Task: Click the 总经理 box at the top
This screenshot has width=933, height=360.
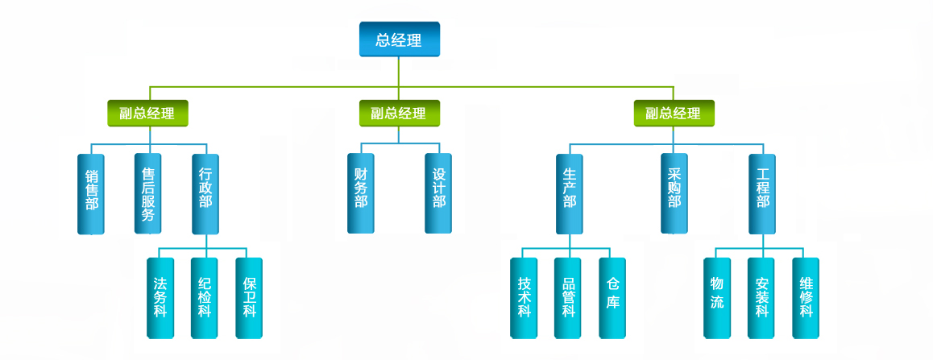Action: click(399, 39)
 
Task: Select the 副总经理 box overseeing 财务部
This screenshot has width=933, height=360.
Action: click(399, 114)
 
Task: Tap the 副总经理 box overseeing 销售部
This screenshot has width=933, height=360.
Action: click(147, 114)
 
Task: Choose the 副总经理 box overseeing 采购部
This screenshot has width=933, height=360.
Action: click(674, 114)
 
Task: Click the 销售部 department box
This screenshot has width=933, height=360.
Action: click(91, 193)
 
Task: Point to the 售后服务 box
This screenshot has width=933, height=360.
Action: click(147, 193)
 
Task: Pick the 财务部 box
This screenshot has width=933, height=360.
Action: click(360, 193)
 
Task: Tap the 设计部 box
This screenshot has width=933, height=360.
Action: click(438, 193)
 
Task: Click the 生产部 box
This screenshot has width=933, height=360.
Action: click(570, 193)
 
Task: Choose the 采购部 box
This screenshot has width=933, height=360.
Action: click(674, 193)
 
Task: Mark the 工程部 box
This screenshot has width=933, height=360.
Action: click(762, 193)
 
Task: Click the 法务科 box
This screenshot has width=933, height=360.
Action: click(160, 297)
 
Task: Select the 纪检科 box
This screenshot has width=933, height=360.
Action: click(205, 297)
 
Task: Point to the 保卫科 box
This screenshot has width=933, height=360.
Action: click(249, 297)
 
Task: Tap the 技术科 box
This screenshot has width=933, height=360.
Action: click(525, 297)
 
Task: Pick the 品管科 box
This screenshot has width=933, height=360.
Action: click(569, 297)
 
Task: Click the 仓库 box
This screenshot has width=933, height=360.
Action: click(613, 297)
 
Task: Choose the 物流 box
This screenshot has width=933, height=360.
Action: click(717, 297)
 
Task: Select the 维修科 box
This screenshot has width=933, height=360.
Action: click(806, 297)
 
